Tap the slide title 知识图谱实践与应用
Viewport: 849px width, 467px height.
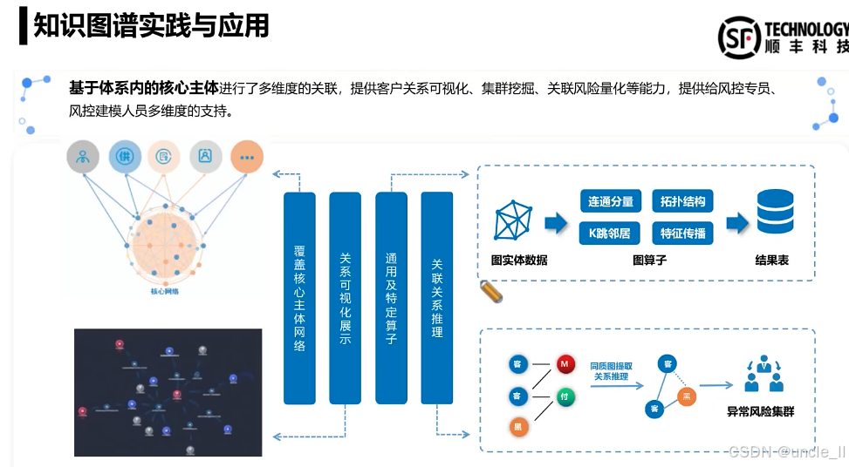tap(151, 26)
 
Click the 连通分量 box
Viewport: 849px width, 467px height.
tap(611, 201)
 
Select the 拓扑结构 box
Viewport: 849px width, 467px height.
tap(682, 201)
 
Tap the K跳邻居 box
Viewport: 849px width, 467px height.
tap(611, 233)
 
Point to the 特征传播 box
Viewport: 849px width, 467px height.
tap(682, 233)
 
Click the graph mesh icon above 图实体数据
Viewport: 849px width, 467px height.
tap(516, 220)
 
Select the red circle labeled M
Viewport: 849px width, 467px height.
tap(564, 363)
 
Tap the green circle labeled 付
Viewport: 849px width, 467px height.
tap(564, 396)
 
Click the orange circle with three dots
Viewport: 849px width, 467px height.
tap(247, 157)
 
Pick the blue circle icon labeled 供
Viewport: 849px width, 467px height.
tap(125, 157)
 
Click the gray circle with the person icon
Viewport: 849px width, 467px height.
tap(84, 157)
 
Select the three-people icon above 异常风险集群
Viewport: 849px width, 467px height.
tap(763, 374)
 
